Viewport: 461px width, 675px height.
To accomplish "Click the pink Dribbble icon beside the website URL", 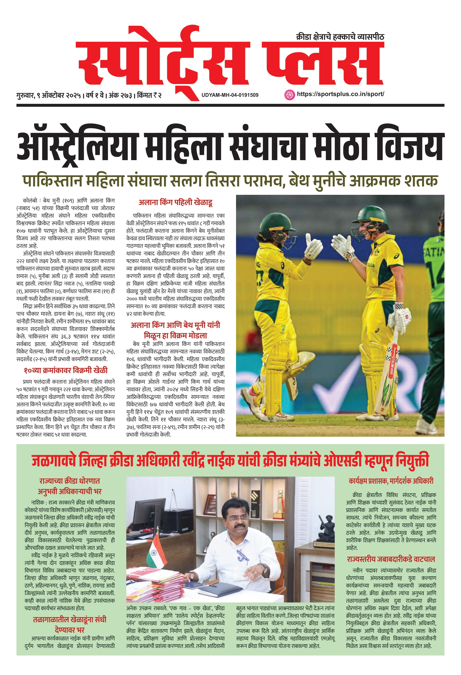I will (289, 95).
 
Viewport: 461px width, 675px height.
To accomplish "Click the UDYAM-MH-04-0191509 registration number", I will (230, 95).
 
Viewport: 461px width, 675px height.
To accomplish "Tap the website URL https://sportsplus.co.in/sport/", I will (340, 94).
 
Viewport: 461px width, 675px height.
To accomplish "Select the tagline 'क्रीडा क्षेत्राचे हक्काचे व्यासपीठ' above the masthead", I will (340, 37).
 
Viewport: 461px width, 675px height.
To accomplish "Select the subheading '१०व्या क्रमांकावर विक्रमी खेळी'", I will (66, 370).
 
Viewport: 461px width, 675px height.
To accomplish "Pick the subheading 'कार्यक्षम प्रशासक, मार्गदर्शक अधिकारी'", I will (391, 481).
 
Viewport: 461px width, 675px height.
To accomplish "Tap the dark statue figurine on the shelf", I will (325, 530).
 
